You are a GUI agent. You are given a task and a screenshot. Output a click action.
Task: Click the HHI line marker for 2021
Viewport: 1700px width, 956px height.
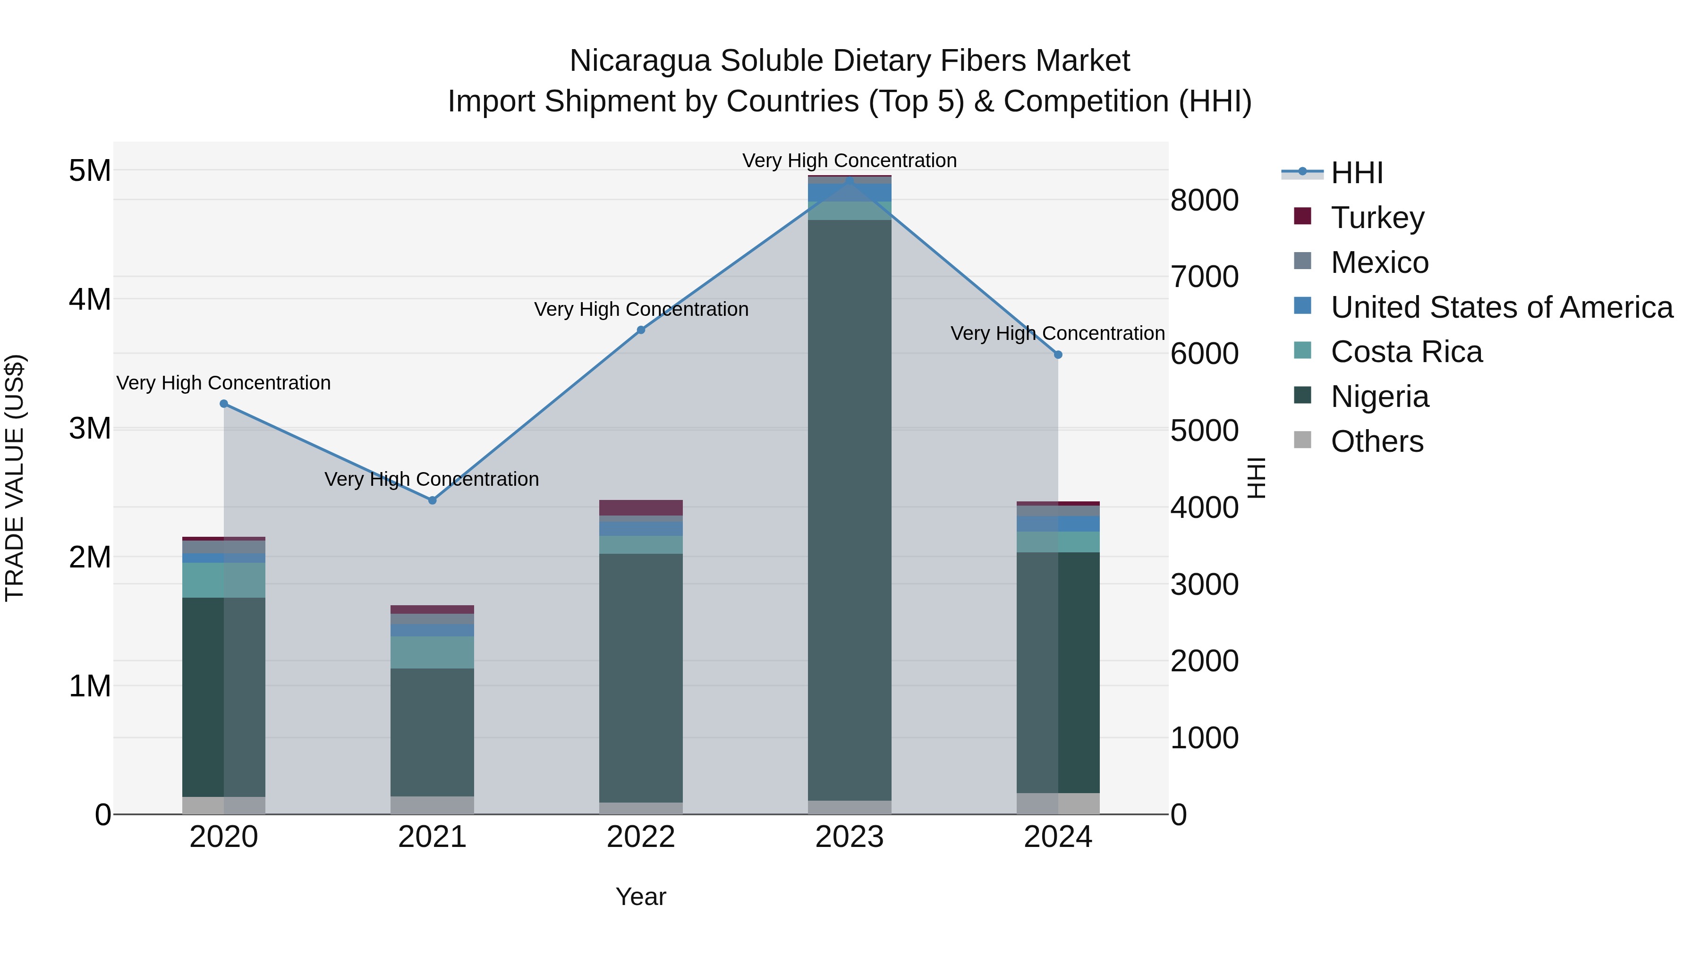[x=432, y=500]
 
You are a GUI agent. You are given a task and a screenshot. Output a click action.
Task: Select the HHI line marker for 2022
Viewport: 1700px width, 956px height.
[x=641, y=330]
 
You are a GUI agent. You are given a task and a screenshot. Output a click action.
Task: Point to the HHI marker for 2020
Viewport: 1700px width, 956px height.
[x=224, y=404]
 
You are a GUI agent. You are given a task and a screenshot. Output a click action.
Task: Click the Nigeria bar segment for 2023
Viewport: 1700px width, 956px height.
[x=850, y=508]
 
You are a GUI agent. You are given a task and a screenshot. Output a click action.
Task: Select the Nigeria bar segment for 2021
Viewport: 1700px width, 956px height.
[x=432, y=732]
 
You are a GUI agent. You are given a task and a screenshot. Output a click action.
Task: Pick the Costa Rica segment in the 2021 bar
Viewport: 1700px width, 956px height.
[x=432, y=652]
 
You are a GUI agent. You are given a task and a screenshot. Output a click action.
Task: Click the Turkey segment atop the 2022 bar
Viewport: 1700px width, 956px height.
[x=641, y=508]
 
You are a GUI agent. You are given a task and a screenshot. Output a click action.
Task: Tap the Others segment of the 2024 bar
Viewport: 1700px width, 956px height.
[x=1058, y=804]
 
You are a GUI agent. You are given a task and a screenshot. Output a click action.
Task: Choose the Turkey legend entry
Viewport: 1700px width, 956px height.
[x=1377, y=218]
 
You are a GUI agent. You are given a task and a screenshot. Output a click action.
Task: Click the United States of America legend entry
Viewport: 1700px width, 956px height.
[x=1501, y=307]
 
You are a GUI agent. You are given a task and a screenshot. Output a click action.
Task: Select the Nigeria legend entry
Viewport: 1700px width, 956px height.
[x=1379, y=397]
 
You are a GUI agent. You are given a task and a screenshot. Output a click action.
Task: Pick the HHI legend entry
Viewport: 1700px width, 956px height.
[x=1356, y=173]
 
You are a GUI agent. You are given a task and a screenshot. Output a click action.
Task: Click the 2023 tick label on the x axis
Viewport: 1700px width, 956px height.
[x=850, y=837]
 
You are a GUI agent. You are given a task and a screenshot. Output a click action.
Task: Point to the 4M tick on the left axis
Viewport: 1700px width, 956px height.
[x=90, y=299]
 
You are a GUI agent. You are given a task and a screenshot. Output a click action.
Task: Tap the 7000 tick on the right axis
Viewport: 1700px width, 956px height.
[x=1204, y=277]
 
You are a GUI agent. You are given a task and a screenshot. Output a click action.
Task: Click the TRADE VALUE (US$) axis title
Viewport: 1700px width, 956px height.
[x=15, y=478]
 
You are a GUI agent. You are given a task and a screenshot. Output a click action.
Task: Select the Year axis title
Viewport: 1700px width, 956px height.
[x=641, y=897]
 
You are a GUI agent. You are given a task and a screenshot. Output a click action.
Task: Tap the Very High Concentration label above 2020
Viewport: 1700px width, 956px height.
[x=224, y=383]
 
